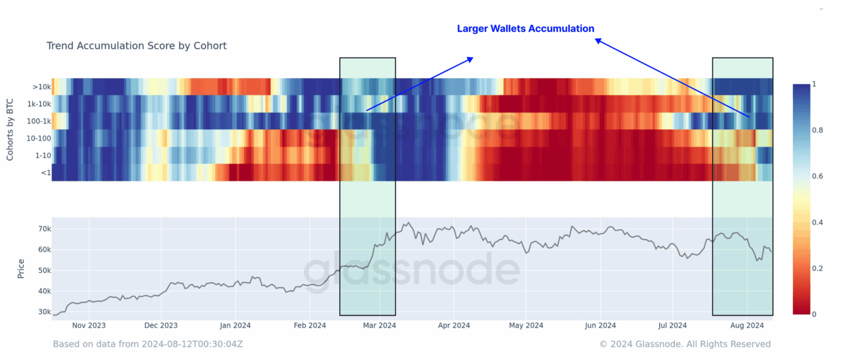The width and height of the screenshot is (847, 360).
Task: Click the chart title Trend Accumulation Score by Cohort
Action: (136, 46)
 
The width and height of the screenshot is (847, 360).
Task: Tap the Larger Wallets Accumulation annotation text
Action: (525, 29)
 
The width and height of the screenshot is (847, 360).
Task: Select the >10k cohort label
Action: (41, 87)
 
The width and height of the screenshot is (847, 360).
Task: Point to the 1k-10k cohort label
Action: (39, 104)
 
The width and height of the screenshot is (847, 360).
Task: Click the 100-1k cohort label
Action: (39, 121)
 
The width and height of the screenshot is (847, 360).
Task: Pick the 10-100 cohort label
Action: (39, 139)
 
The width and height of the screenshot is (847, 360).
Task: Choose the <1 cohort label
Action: (45, 172)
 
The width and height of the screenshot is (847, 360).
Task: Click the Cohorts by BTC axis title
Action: (10, 129)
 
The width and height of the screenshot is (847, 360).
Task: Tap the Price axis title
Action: (21, 269)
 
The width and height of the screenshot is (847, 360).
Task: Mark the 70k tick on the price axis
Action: (45, 229)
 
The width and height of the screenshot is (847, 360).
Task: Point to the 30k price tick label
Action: (45, 312)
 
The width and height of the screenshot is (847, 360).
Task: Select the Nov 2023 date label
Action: (89, 326)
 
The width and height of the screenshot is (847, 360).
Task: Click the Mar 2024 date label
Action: (379, 326)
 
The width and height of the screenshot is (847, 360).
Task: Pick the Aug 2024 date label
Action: (747, 326)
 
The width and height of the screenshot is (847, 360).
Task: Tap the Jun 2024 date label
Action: (600, 326)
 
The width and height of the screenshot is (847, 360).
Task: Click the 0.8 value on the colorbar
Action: (817, 130)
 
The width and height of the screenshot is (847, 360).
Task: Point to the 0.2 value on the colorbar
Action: (817, 268)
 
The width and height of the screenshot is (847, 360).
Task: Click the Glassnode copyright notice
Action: (685, 344)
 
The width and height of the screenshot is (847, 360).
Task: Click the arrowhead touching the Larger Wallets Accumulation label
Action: (598, 41)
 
